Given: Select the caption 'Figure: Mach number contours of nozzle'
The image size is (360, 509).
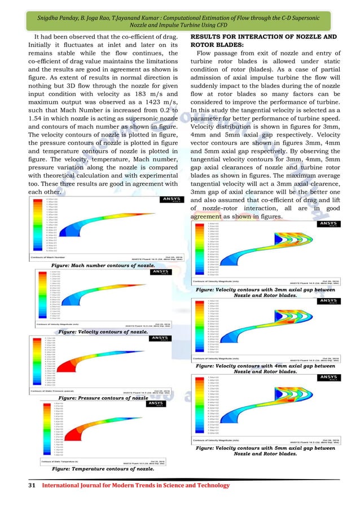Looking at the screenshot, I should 103,264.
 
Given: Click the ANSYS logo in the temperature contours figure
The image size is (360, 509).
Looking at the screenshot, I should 152,403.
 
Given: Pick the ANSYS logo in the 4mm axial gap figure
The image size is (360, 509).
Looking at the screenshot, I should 325,300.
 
